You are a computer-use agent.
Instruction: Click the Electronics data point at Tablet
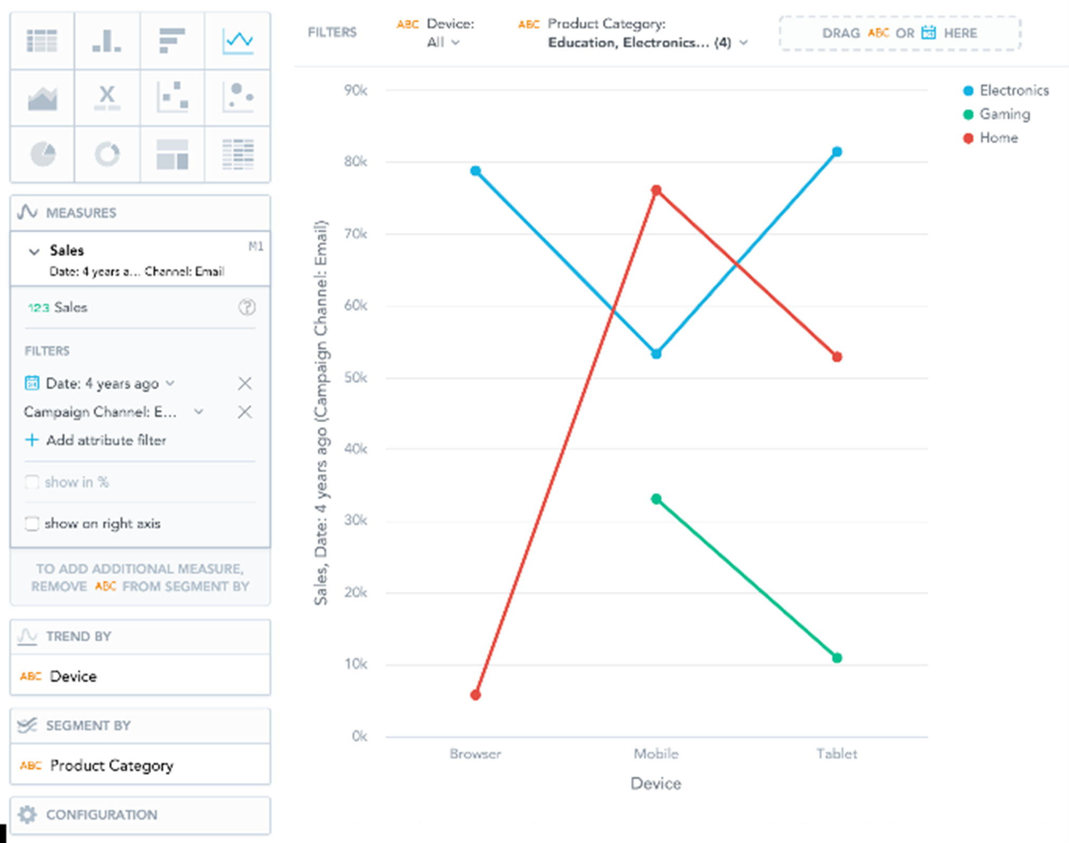836,152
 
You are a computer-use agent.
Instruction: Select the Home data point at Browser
475,694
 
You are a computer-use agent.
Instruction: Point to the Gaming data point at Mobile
656,498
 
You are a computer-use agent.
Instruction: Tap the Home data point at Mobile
656,190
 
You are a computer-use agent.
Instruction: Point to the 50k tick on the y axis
355,377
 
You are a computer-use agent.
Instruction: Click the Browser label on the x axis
475,754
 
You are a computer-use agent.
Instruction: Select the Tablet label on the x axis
836,754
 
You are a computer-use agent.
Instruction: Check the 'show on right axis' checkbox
32,523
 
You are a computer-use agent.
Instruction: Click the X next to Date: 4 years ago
244,383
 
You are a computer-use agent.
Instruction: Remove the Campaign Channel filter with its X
244,412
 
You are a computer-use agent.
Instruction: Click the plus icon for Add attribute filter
32,440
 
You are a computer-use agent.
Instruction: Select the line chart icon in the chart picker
237,41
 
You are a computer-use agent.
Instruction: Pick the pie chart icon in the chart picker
42,154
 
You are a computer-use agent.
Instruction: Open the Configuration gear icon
28,814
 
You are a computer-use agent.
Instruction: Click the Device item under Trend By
73,676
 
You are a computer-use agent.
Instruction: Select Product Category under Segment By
111,765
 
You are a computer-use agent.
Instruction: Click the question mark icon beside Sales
246,307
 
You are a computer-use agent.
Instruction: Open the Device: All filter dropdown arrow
455,42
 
